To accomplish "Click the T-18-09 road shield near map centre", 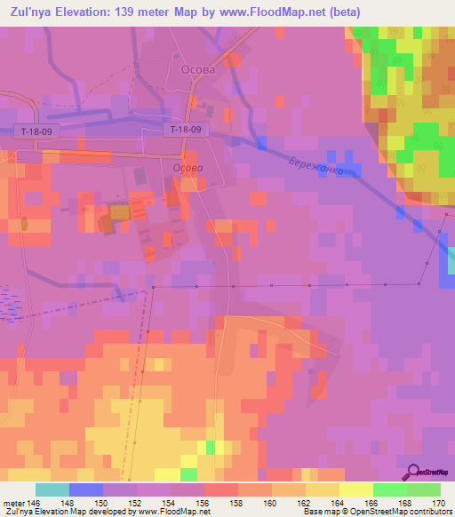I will [187, 130].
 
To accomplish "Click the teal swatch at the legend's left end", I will [52, 489].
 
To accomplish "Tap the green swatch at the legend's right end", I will [424, 489].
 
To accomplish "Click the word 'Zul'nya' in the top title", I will [28, 12].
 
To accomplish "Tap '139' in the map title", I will [117, 12].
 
